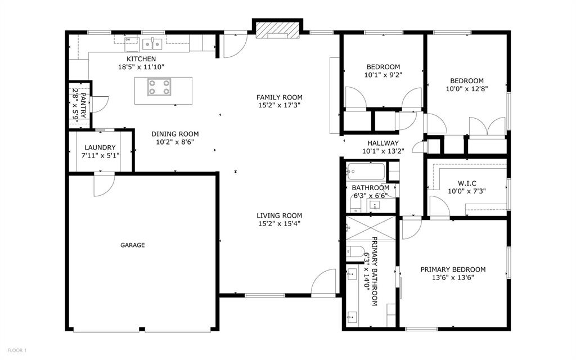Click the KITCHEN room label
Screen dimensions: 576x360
click(141, 58)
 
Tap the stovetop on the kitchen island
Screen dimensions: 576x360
click(159, 87)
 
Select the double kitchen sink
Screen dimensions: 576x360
click(152, 44)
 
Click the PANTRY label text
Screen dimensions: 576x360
click(83, 105)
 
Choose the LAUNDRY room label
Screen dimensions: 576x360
click(100, 147)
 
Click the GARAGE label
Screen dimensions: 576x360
click(133, 245)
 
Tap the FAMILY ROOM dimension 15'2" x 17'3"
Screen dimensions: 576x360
click(279, 105)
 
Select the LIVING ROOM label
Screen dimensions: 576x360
click(279, 215)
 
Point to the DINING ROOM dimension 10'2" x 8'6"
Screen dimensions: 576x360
click(175, 142)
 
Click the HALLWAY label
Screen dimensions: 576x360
click(383, 143)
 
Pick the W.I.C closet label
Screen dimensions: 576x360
click(467, 183)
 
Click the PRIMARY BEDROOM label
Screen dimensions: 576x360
click(453, 269)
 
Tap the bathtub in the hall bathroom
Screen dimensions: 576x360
click(366, 171)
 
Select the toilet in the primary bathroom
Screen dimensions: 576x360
click(354, 251)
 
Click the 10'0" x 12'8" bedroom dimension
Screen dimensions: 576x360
click(467, 89)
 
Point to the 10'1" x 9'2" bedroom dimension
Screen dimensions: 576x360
click(383, 75)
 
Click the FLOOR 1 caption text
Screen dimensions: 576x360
click(17, 350)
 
